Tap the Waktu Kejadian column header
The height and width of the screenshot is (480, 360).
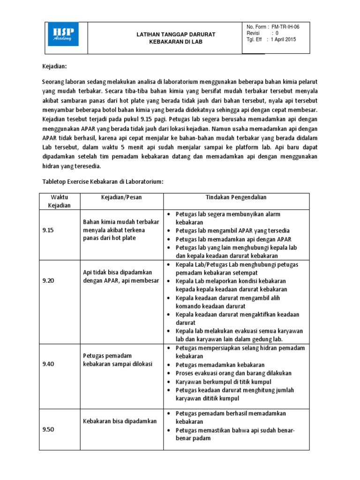59,202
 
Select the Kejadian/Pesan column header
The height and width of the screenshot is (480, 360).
121,197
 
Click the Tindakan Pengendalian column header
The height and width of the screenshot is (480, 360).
235,197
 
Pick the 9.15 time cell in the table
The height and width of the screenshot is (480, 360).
48,230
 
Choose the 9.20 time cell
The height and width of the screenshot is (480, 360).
48,280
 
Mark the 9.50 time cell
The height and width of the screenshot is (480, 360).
48,429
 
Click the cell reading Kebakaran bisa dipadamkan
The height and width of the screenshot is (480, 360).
120,421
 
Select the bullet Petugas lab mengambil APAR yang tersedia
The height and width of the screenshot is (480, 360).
232,231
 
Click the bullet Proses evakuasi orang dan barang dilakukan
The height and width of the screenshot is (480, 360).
233,373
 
